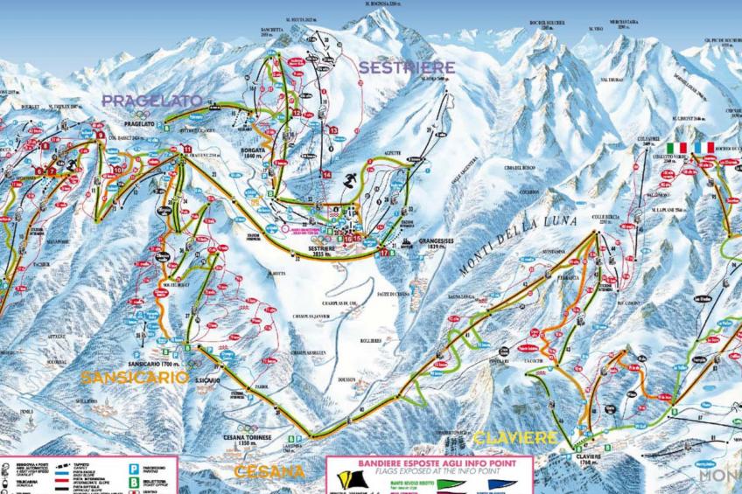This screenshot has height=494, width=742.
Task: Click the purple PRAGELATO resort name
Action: click(151, 101)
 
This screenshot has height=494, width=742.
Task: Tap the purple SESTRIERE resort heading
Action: click(406, 67)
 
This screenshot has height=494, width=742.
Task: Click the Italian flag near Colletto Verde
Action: click(675, 147)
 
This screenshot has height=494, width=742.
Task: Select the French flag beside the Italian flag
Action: click(704, 147)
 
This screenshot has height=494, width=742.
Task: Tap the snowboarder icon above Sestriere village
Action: click(350, 181)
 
